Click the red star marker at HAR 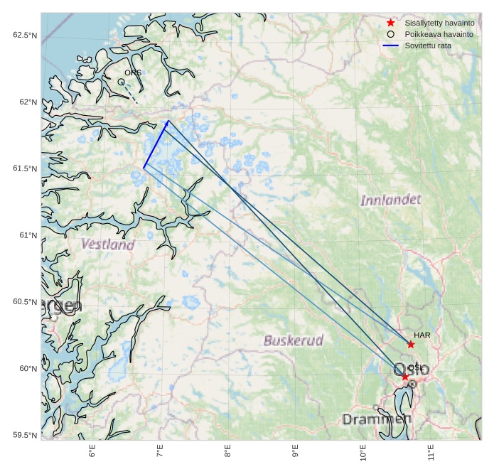(x=411, y=344)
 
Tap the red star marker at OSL (x=404, y=377)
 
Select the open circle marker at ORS (x=121, y=82)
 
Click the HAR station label (x=422, y=334)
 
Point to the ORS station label (x=133, y=72)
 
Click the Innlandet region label (x=390, y=200)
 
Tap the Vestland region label (x=107, y=244)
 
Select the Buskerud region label (x=293, y=340)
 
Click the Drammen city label (x=377, y=419)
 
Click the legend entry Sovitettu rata (x=428, y=45)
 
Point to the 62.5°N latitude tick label (x=24, y=36)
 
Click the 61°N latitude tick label (x=27, y=235)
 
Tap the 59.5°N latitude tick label (x=24, y=435)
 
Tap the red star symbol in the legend (x=390, y=23)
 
